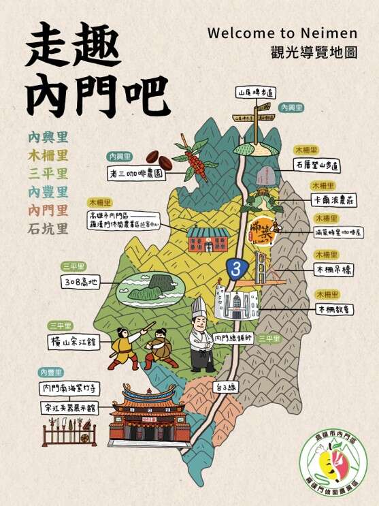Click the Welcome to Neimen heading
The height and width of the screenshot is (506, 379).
[x=291, y=33]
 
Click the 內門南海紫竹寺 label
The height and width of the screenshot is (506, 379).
[x=71, y=388]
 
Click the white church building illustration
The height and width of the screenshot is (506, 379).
[x=235, y=301]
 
